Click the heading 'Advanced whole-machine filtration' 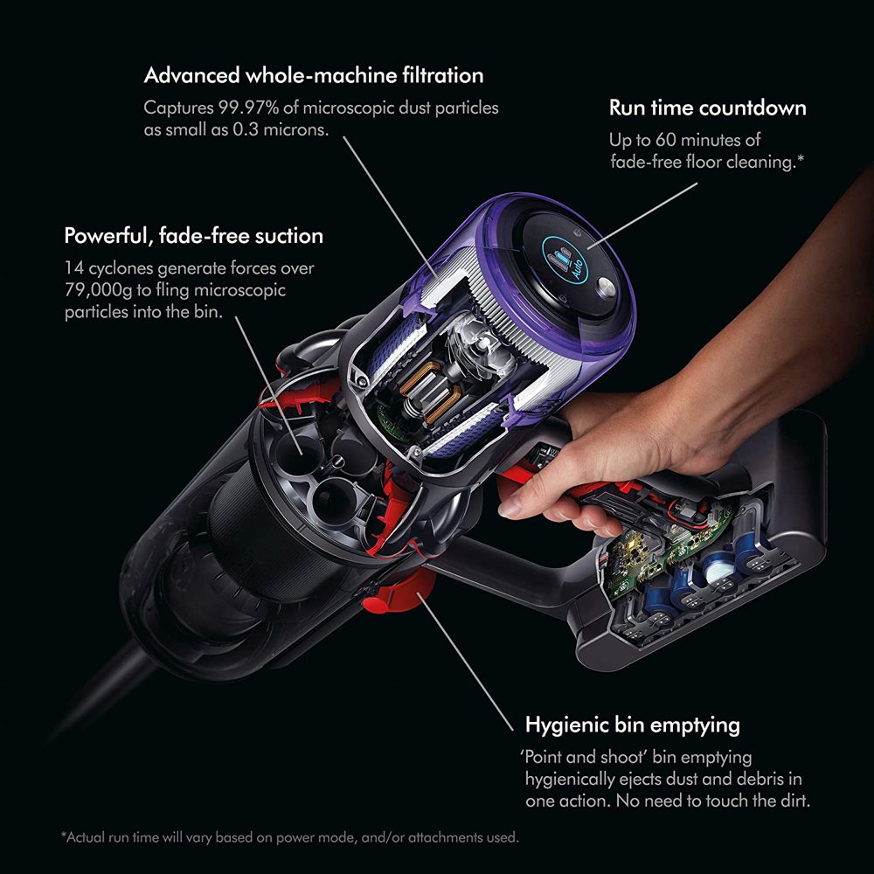click(x=314, y=75)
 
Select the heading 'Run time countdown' click(x=707, y=108)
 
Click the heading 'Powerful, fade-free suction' click(x=193, y=236)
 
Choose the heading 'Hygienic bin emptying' click(x=632, y=725)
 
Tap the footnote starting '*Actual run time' click(x=289, y=837)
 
